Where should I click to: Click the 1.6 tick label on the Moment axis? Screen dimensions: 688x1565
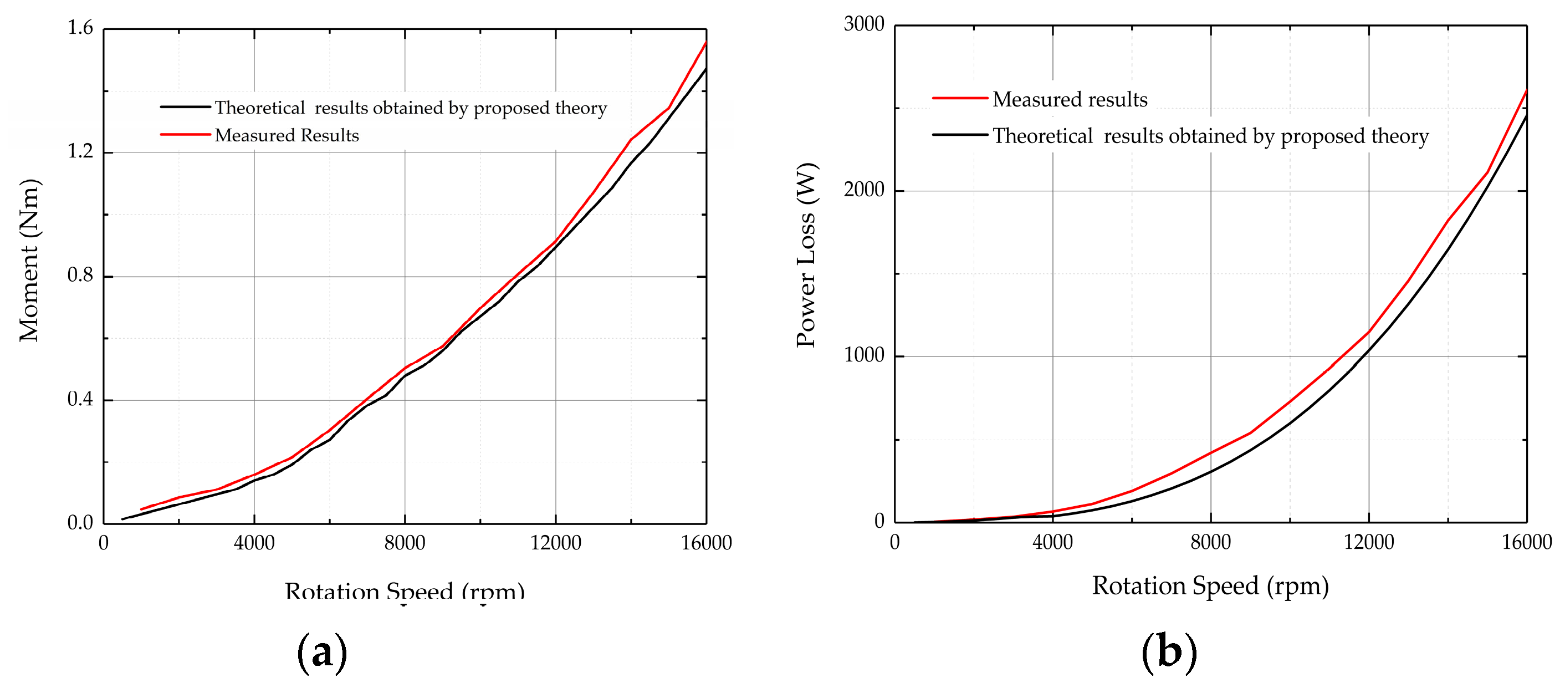pos(80,28)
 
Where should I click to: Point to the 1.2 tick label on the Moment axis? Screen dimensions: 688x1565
pos(80,151)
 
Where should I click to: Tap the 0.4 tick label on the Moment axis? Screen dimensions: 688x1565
pos(80,399)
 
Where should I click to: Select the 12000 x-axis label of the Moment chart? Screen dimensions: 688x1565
pos(555,543)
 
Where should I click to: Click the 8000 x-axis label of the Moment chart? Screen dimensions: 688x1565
pos(405,543)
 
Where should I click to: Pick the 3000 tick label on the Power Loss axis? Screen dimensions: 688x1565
pos(864,24)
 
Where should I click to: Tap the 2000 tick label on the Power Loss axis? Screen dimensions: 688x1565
pos(864,190)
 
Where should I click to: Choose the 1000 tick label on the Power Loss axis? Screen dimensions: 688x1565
pos(864,355)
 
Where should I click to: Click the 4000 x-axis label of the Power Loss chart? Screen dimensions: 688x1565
pos(1052,542)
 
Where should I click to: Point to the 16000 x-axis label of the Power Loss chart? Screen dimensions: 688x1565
pos(1526,542)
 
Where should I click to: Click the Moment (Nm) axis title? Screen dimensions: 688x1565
pos(29,260)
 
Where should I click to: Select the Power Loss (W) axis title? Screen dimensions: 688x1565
pos(807,255)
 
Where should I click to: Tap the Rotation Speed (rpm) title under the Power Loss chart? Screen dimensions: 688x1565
pos(1210,586)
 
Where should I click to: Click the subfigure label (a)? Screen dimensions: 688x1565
pos(322,653)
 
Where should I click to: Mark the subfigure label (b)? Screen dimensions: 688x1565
pos(1169,651)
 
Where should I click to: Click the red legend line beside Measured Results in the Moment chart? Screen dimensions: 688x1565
pos(185,134)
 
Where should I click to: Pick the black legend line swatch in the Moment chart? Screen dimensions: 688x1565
pos(185,107)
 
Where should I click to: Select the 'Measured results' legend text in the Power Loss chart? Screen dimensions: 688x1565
pos(1070,99)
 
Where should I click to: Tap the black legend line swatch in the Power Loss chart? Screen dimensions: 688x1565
pos(960,135)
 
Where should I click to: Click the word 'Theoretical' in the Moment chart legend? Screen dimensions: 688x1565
pos(259,108)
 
